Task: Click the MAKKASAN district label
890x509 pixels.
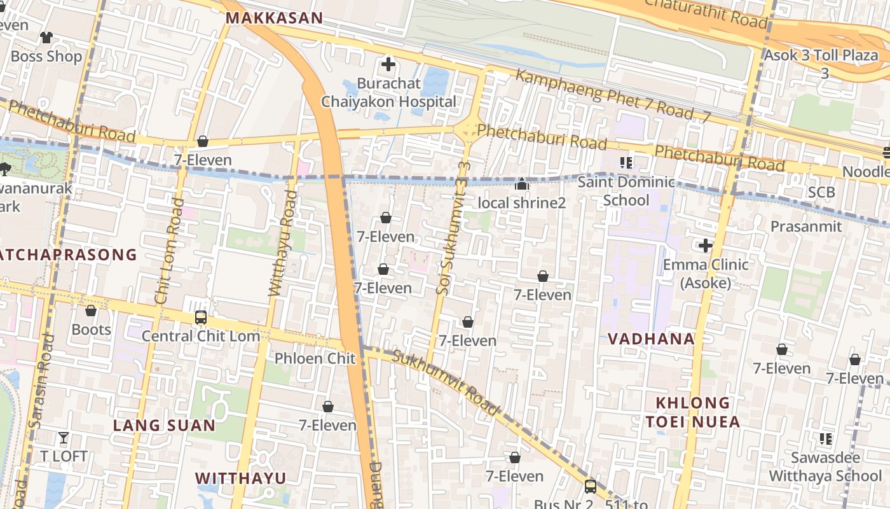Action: [275, 18]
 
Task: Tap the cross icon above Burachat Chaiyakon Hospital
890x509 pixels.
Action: [388, 64]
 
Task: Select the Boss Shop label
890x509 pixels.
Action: [46, 56]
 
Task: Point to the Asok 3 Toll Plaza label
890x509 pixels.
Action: [821, 55]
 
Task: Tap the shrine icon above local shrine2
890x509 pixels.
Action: [522, 185]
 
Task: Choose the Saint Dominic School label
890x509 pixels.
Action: [626, 191]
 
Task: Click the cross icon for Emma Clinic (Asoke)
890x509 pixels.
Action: [706, 246]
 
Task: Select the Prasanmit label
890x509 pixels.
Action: [805, 227]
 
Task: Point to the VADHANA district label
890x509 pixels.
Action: [651, 338]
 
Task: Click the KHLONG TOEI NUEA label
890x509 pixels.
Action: [693, 412]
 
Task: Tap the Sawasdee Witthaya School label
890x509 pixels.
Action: [826, 466]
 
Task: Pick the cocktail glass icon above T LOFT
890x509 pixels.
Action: [64, 438]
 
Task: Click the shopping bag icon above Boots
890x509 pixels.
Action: [91, 311]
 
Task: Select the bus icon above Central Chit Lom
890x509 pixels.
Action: [201, 317]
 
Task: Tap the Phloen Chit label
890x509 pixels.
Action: [315, 358]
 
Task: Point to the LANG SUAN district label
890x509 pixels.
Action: [164, 426]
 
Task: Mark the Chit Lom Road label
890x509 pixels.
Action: [169, 251]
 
